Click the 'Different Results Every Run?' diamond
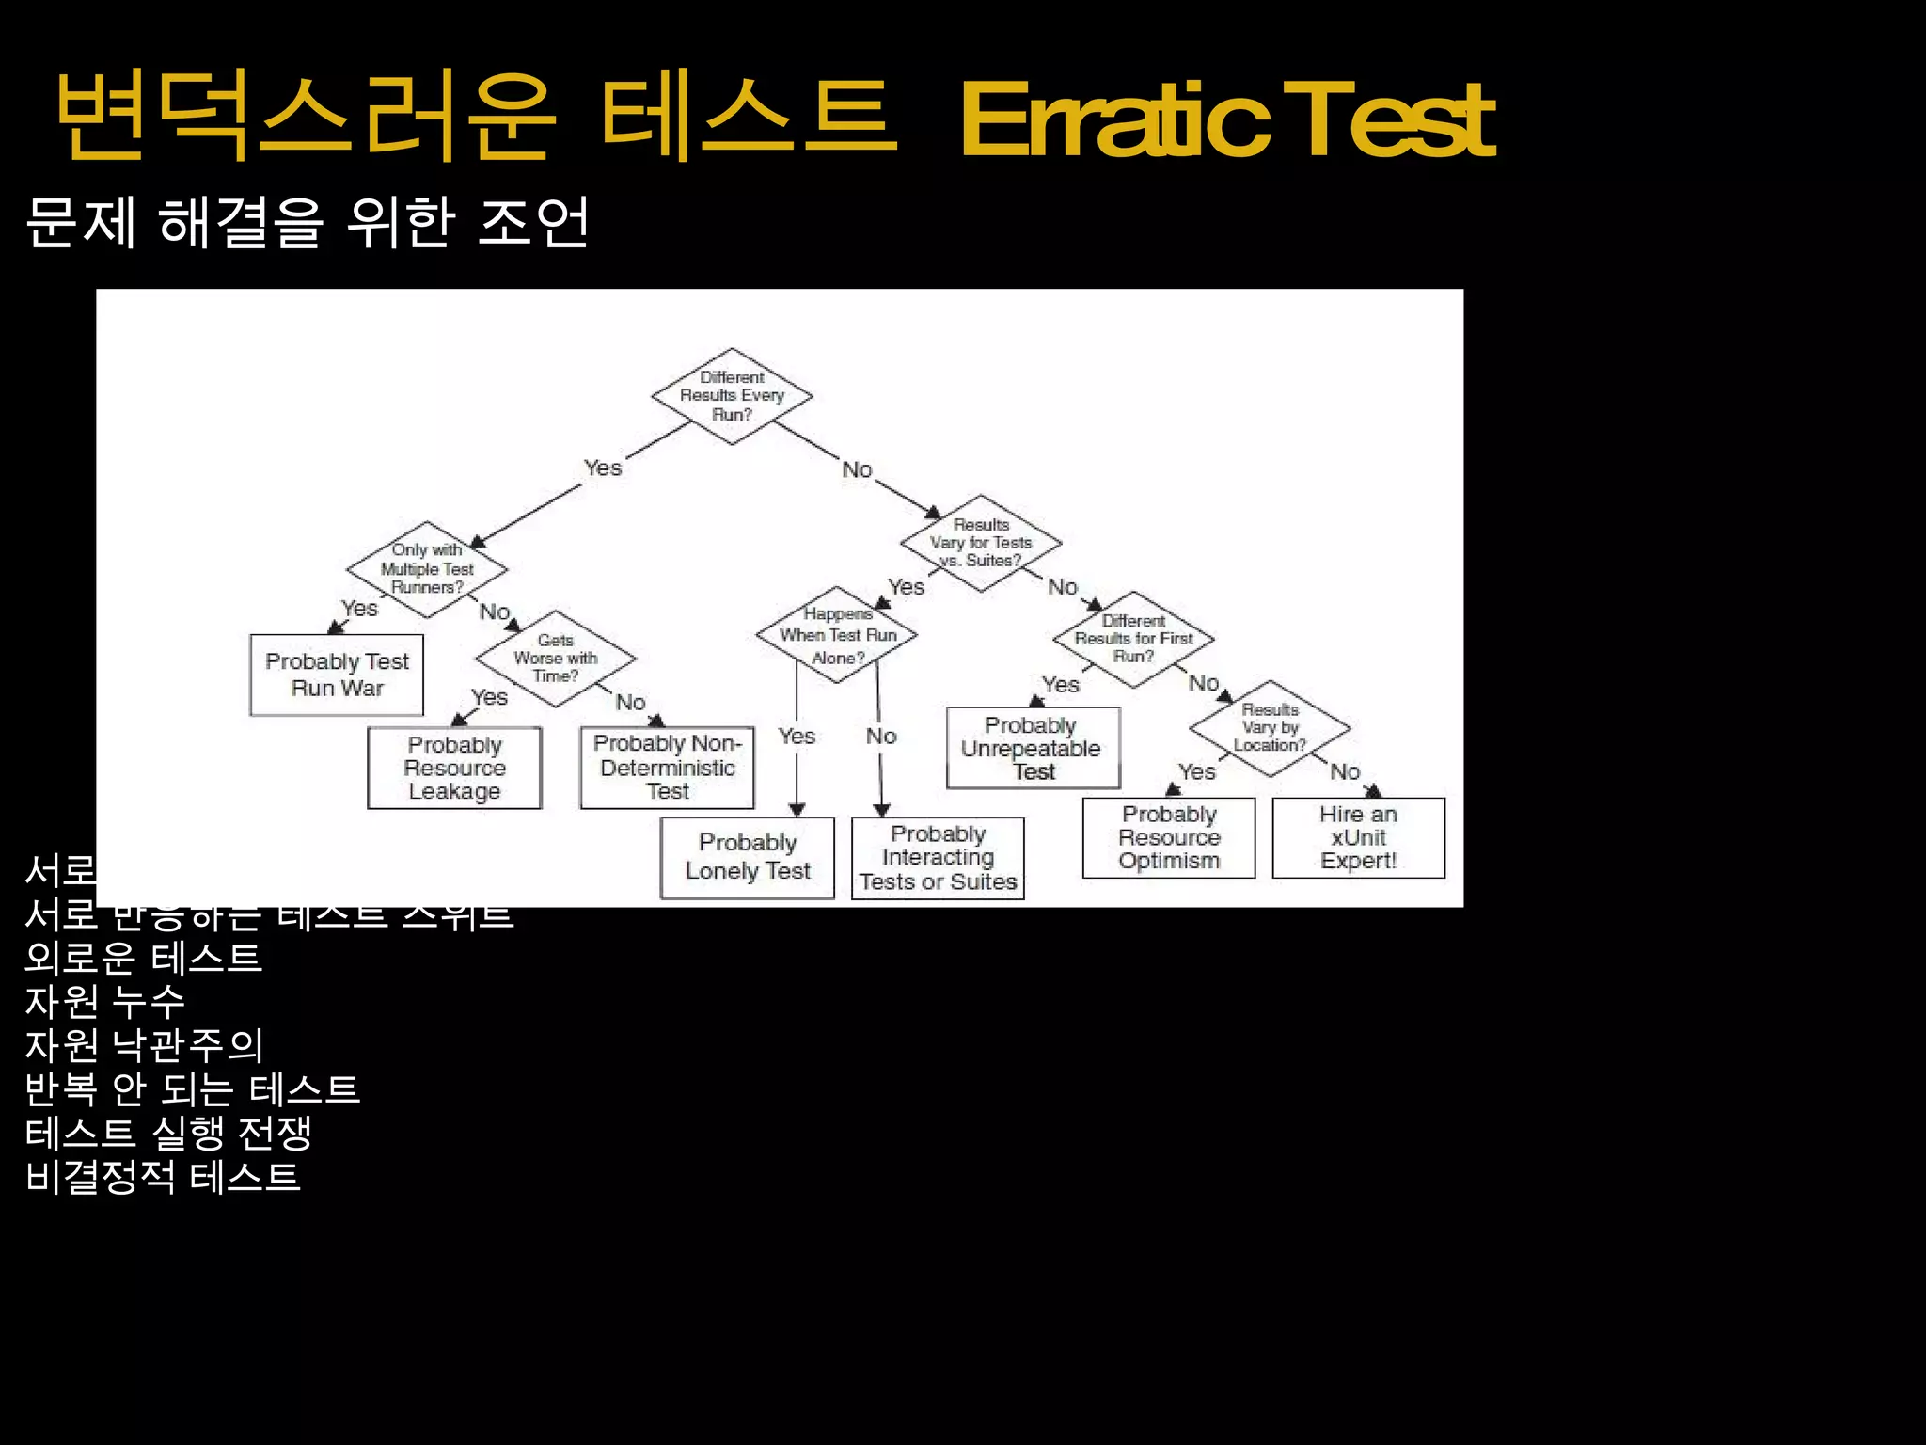pos(732,396)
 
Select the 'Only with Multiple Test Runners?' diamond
pos(427,569)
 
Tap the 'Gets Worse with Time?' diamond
pos(556,659)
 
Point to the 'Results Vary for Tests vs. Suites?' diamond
pos(981,543)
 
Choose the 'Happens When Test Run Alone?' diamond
pos(837,635)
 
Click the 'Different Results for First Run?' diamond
pos(1133,639)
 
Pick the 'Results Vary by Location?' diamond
pos(1270,728)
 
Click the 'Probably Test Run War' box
pos(337,675)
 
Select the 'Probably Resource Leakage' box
pos(454,768)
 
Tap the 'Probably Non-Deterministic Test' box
pos(667,768)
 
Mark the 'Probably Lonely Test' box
pos(748,857)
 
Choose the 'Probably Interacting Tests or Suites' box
pos(938,858)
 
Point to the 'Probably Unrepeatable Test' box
pos(1033,749)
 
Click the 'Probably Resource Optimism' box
pos(1169,837)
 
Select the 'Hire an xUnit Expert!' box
pos(1358,837)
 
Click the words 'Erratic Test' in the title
pos(1226,120)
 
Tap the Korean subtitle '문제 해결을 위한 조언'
pos(308,223)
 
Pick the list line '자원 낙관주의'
pos(144,1045)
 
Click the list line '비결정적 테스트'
pos(163,1177)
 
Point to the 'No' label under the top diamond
pos(857,469)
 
